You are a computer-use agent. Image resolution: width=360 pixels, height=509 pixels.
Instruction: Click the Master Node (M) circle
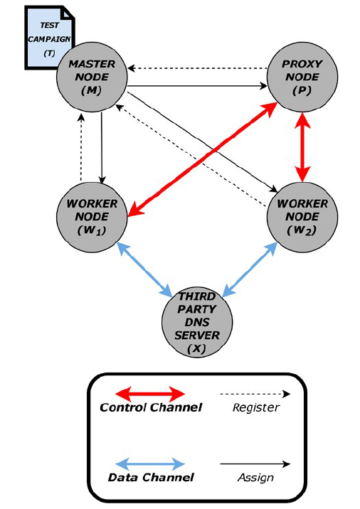click(x=92, y=77)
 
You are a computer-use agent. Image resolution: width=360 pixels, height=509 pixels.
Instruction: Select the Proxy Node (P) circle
click(x=302, y=77)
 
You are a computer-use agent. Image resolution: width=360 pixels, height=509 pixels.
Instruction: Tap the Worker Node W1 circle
click(x=92, y=217)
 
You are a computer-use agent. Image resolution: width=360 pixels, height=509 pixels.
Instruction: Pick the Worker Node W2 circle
click(x=302, y=217)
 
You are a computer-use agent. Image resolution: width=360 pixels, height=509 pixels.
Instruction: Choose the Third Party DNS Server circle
click(x=197, y=322)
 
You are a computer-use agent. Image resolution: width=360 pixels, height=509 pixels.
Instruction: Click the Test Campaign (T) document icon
click(x=49, y=38)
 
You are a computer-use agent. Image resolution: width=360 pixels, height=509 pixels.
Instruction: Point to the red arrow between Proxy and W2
click(x=302, y=147)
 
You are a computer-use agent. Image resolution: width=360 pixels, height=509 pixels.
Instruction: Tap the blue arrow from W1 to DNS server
click(x=144, y=269)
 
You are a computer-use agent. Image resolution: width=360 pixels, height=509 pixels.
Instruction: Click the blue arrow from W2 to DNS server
click(x=250, y=269)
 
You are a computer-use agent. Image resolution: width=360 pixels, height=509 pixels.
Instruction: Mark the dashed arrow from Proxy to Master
click(x=197, y=68)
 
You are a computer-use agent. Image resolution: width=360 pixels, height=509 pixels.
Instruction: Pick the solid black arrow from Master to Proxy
click(x=197, y=86)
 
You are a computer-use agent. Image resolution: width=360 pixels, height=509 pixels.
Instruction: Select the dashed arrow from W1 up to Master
click(x=81, y=146)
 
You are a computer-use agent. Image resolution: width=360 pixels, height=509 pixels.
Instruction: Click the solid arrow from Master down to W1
click(x=102, y=148)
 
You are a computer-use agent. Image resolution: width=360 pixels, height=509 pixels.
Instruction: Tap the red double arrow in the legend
click(x=150, y=395)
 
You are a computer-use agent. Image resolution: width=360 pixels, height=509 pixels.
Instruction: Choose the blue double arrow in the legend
click(x=150, y=464)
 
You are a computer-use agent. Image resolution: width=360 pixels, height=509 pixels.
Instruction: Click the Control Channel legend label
click(x=151, y=407)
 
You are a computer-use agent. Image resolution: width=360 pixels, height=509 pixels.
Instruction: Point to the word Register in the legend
click(x=256, y=408)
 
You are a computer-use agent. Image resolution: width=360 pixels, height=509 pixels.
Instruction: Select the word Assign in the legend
click(x=255, y=478)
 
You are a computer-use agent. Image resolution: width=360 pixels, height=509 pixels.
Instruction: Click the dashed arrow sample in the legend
click(x=255, y=394)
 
